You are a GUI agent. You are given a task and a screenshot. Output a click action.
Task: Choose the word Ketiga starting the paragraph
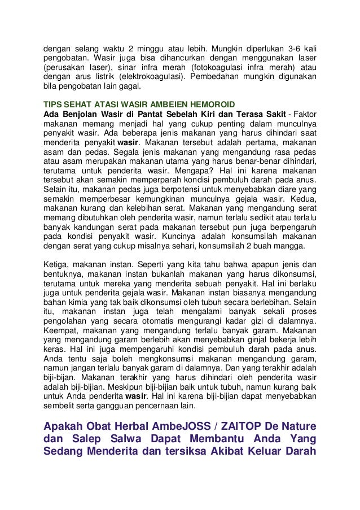[x=57, y=264]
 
